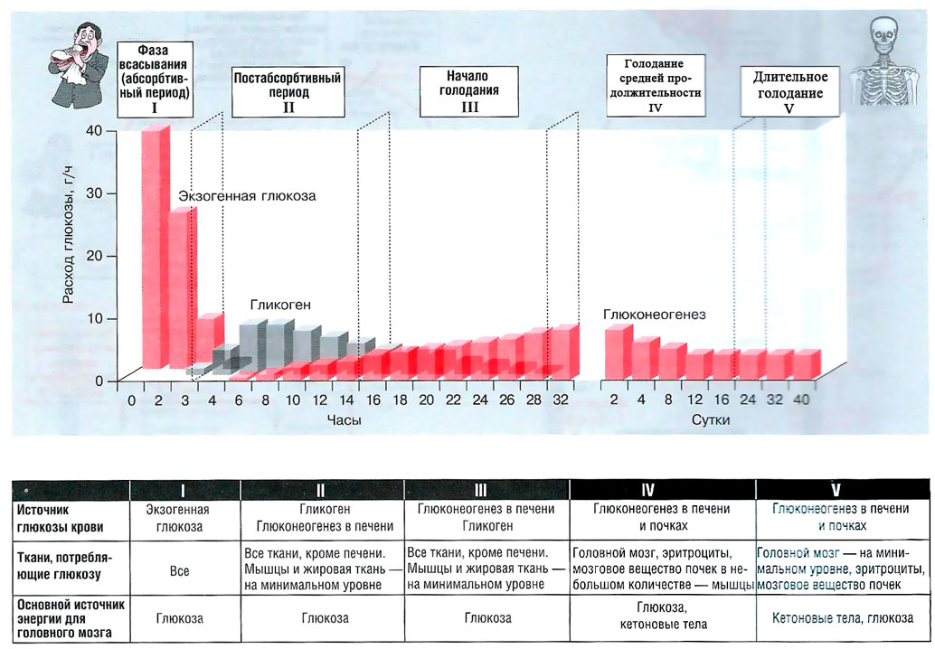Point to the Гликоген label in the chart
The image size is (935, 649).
pos(280,306)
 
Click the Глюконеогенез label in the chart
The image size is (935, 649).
pos(655,315)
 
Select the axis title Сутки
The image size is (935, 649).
pos(711,420)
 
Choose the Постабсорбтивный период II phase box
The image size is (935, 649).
pos(288,92)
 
